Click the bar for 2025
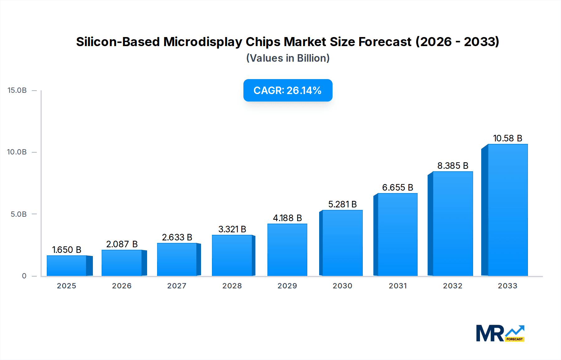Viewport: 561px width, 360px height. [x=67, y=266]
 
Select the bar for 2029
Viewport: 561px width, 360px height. [x=287, y=250]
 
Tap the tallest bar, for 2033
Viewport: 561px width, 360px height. [x=507, y=210]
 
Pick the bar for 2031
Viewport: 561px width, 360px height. [x=397, y=234]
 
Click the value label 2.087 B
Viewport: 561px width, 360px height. [x=122, y=244]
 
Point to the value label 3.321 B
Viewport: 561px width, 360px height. [x=232, y=229]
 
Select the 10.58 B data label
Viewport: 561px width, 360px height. [x=507, y=138]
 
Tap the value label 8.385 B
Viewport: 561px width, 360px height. [x=453, y=166]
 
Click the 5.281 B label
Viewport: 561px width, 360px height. [x=342, y=204]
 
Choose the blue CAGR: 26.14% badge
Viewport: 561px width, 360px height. [x=288, y=90]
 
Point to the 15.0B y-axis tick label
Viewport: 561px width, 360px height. [x=17, y=90]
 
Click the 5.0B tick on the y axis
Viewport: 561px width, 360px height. [x=19, y=214]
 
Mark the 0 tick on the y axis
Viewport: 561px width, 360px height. [x=24, y=276]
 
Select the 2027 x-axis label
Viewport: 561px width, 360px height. [x=177, y=286]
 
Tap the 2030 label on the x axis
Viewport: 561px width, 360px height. [x=342, y=286]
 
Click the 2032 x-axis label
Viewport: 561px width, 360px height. [x=453, y=286]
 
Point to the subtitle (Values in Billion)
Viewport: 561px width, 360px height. [x=288, y=58]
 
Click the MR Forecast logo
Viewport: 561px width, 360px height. [x=500, y=333]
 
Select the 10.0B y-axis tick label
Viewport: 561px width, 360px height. [x=17, y=152]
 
